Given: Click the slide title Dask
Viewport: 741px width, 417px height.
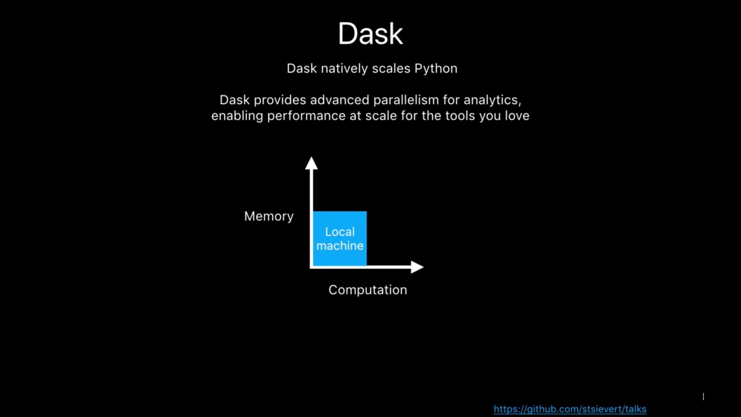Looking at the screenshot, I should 370,34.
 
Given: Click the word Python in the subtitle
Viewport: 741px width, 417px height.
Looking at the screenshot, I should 435,69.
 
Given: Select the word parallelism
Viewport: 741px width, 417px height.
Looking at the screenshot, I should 406,100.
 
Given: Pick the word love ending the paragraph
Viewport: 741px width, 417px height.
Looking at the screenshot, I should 516,116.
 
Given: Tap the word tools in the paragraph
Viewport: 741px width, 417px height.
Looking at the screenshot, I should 460,116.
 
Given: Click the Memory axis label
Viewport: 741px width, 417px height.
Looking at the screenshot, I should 269,216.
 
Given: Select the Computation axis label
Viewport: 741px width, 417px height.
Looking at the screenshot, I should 368,290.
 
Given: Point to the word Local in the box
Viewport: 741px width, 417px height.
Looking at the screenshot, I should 340,232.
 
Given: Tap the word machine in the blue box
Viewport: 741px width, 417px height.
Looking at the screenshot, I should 340,246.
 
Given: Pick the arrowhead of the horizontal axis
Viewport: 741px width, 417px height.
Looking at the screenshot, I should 417,267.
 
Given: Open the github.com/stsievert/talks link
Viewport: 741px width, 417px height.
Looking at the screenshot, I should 570,409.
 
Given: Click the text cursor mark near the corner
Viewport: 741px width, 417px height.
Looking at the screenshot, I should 703,397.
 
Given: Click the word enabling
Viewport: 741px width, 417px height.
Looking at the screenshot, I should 237,116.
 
